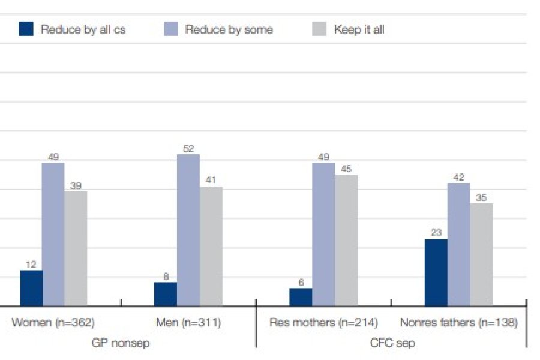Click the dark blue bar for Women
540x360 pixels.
click(x=31, y=288)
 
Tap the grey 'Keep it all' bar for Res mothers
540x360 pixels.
click(x=346, y=240)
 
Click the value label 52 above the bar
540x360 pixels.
click(x=188, y=148)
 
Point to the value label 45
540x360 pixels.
click(x=346, y=169)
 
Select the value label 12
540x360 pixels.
click(x=31, y=264)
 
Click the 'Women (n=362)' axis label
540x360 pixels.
click(x=53, y=323)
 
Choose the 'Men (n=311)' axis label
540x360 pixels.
click(x=188, y=323)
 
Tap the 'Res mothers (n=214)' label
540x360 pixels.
click(x=323, y=323)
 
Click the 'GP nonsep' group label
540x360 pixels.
click(x=121, y=343)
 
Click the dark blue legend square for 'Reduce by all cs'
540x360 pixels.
click(x=26, y=29)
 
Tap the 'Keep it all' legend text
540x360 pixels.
click(x=359, y=29)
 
